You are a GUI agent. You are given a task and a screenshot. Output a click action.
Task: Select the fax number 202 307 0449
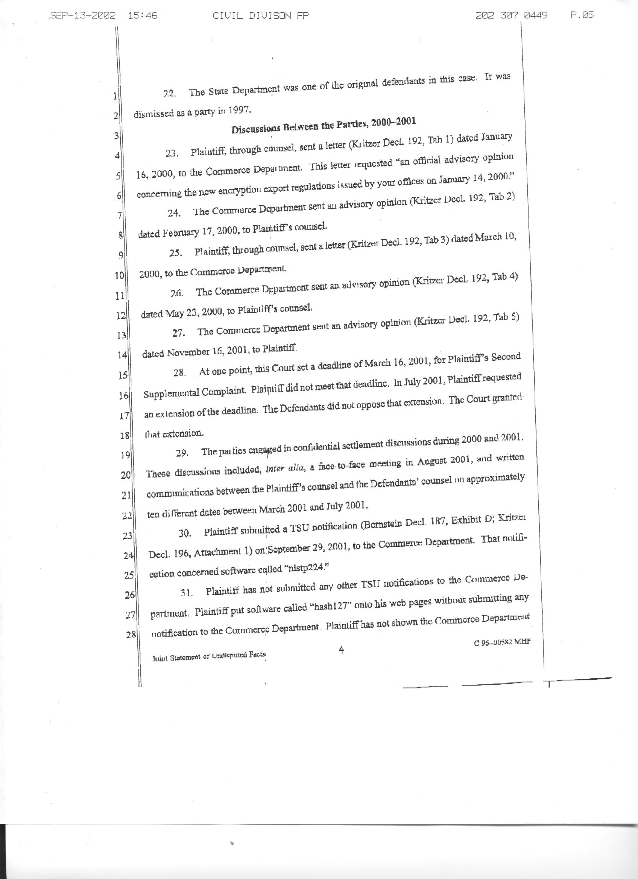[512, 15]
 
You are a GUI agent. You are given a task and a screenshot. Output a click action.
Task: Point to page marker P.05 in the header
[582, 15]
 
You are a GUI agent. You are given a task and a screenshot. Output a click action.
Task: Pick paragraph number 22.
[169, 94]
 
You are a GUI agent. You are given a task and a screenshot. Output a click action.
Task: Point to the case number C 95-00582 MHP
[502, 642]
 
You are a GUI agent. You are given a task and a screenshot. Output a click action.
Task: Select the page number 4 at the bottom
[341, 650]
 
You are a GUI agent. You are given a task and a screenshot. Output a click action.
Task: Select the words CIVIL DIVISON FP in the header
[261, 15]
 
